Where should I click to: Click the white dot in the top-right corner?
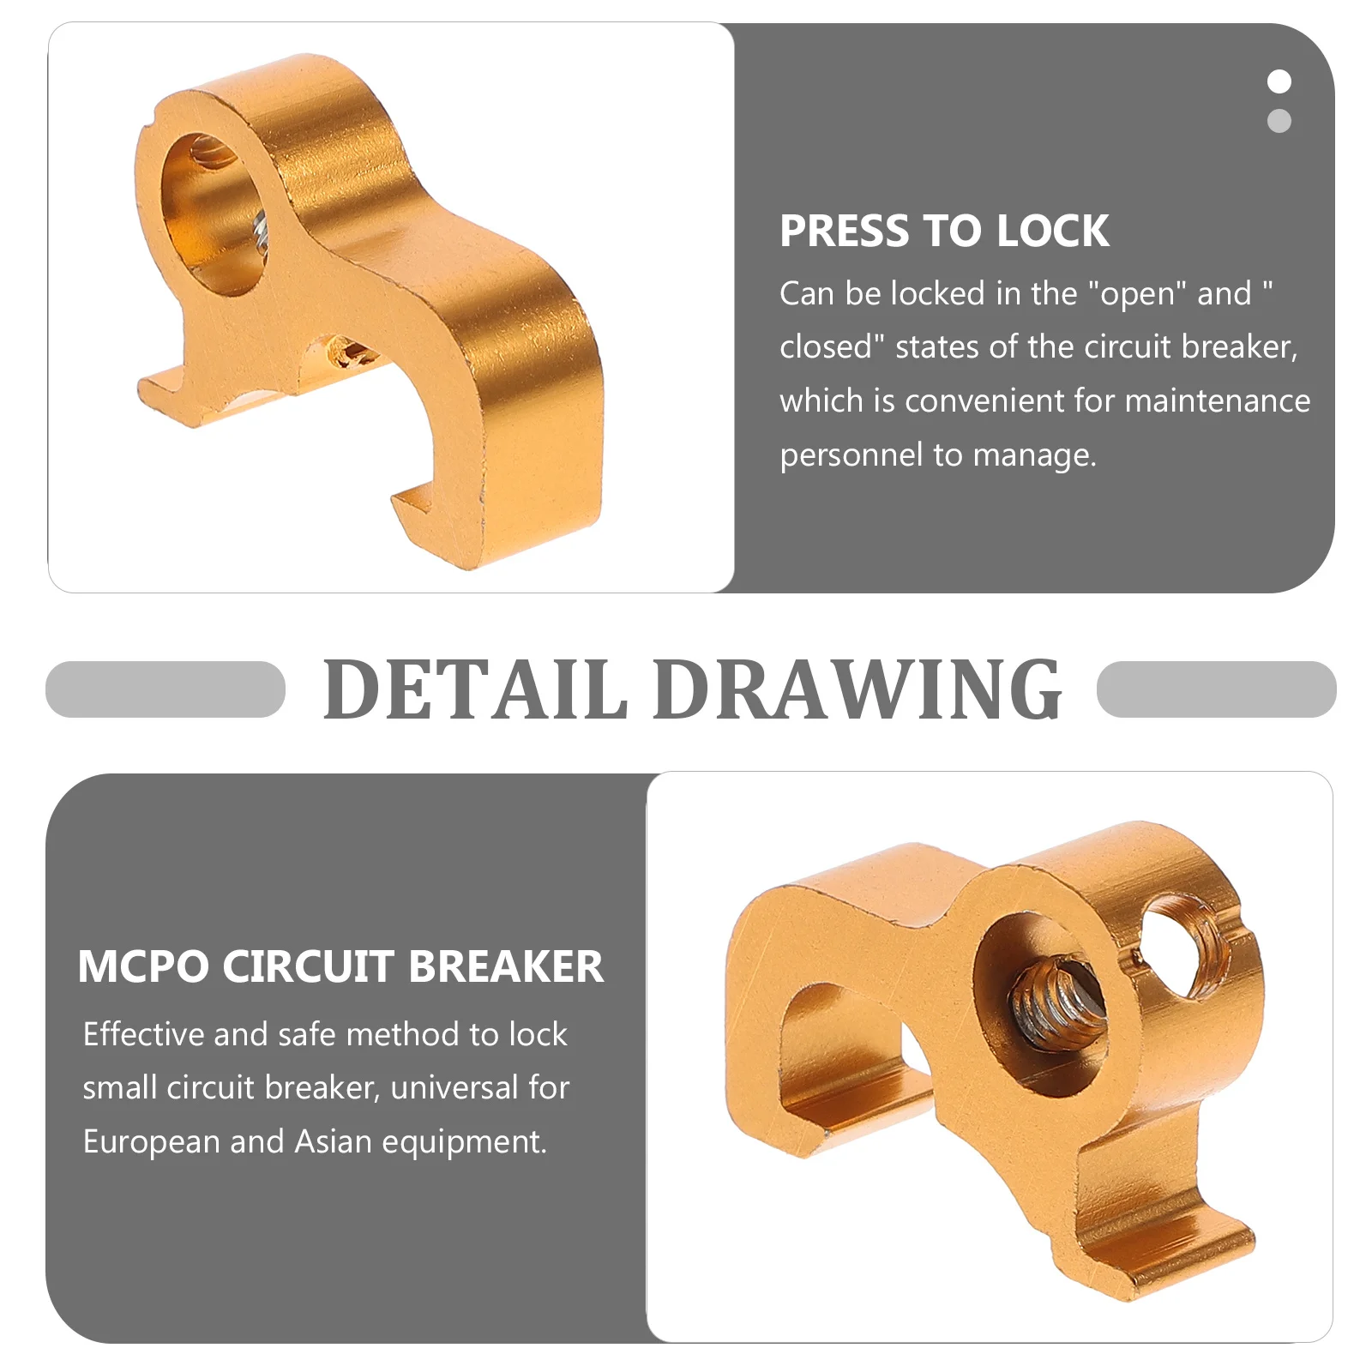[1279, 81]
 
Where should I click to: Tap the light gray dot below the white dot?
[1279, 121]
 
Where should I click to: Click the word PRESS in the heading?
[844, 232]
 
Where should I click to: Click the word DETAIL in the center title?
[476, 689]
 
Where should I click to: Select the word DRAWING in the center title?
[857, 689]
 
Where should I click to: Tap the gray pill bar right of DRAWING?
[1216, 689]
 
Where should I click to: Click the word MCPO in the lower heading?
[143, 967]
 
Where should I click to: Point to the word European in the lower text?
[151, 1142]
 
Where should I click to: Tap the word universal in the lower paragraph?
[454, 1088]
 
